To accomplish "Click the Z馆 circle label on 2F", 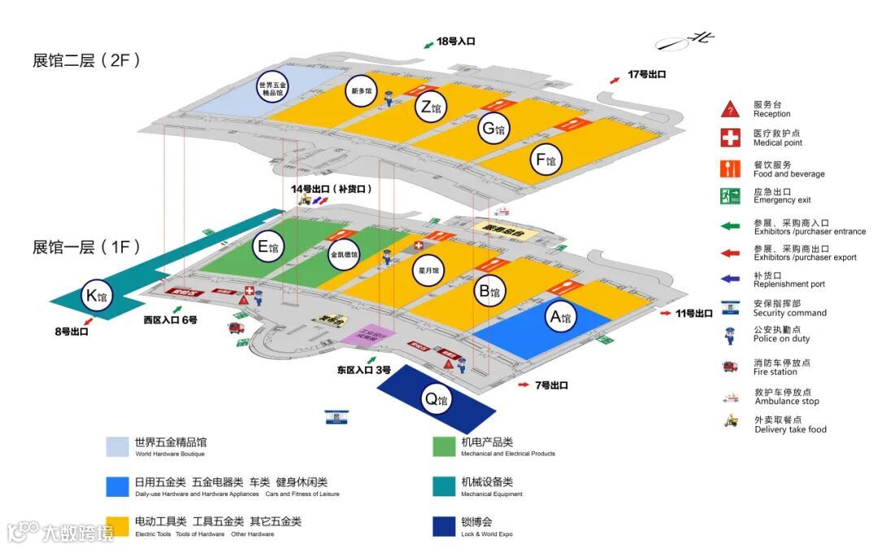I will pyautogui.click(x=431, y=107).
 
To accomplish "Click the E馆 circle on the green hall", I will pyautogui.click(x=267, y=246).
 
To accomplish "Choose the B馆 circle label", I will pyautogui.click(x=489, y=290).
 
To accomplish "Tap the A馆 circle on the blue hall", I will pyautogui.click(x=561, y=317).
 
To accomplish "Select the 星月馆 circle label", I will pyautogui.click(x=429, y=270).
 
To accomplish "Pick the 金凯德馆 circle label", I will pyautogui.click(x=344, y=254).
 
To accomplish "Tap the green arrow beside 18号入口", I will pyautogui.click(x=428, y=44).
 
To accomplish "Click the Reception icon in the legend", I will pyautogui.click(x=730, y=109).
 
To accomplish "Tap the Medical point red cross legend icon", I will pyautogui.click(x=730, y=137).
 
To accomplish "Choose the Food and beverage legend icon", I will pyautogui.click(x=730, y=168).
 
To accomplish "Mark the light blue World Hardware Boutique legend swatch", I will pyautogui.click(x=117, y=447).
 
